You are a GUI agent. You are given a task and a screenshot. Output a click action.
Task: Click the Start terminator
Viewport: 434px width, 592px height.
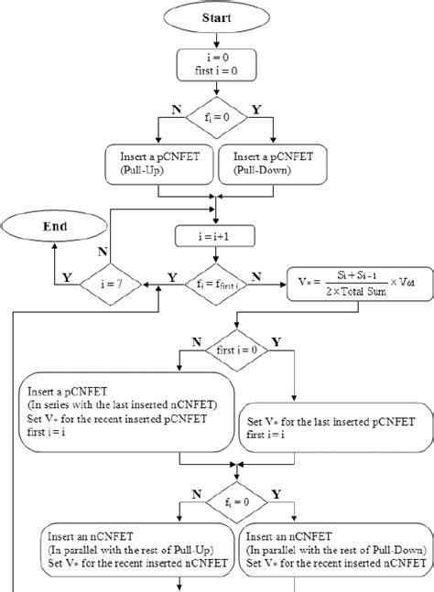[x=216, y=16]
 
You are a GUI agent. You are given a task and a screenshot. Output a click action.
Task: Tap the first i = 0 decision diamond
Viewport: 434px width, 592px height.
[x=237, y=350]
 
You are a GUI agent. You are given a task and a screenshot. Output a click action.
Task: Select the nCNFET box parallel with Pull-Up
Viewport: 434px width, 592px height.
[x=138, y=554]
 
